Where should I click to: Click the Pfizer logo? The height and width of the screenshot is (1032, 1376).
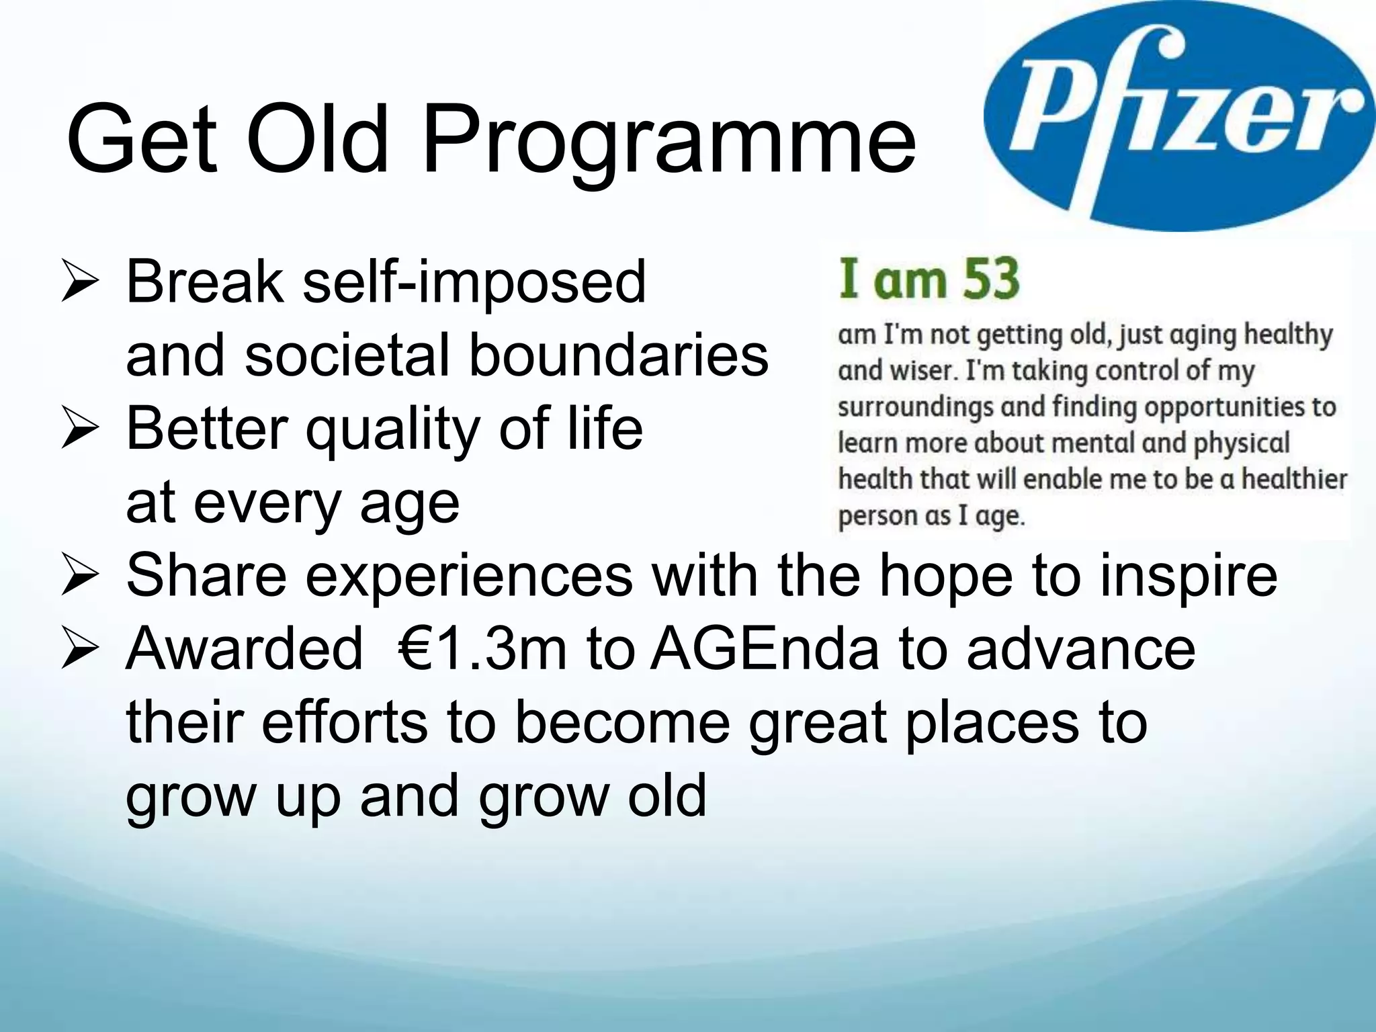(1179, 114)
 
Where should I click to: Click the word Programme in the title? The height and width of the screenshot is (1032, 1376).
(669, 141)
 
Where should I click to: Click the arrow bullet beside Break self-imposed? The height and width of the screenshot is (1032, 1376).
(80, 282)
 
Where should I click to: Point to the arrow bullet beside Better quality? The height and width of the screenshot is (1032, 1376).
(80, 429)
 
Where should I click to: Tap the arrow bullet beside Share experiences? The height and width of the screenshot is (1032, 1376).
(80, 576)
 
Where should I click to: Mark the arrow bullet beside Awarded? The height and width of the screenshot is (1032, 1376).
(80, 650)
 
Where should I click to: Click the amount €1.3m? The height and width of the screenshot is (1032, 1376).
(482, 650)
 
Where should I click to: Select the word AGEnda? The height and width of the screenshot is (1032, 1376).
(765, 650)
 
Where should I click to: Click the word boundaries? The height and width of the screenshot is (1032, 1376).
(617, 355)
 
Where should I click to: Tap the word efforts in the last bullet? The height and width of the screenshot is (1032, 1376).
(344, 723)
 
